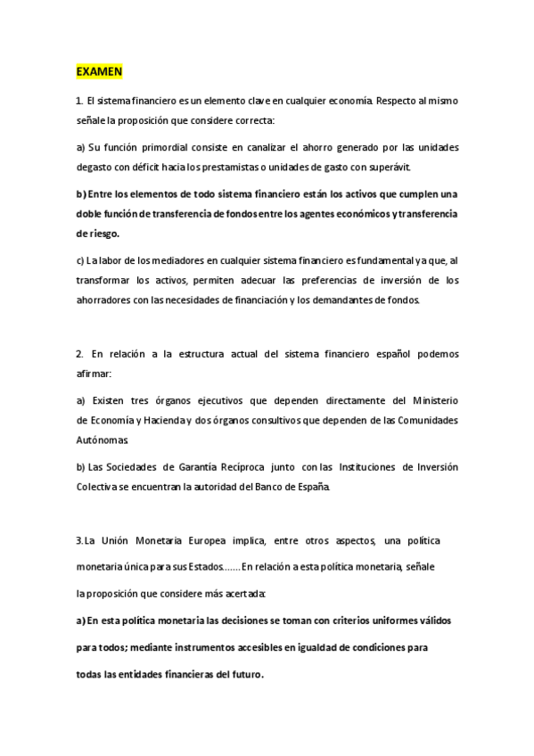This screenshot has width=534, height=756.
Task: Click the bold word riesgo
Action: [97, 234]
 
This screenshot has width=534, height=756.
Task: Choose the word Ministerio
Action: [431, 399]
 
